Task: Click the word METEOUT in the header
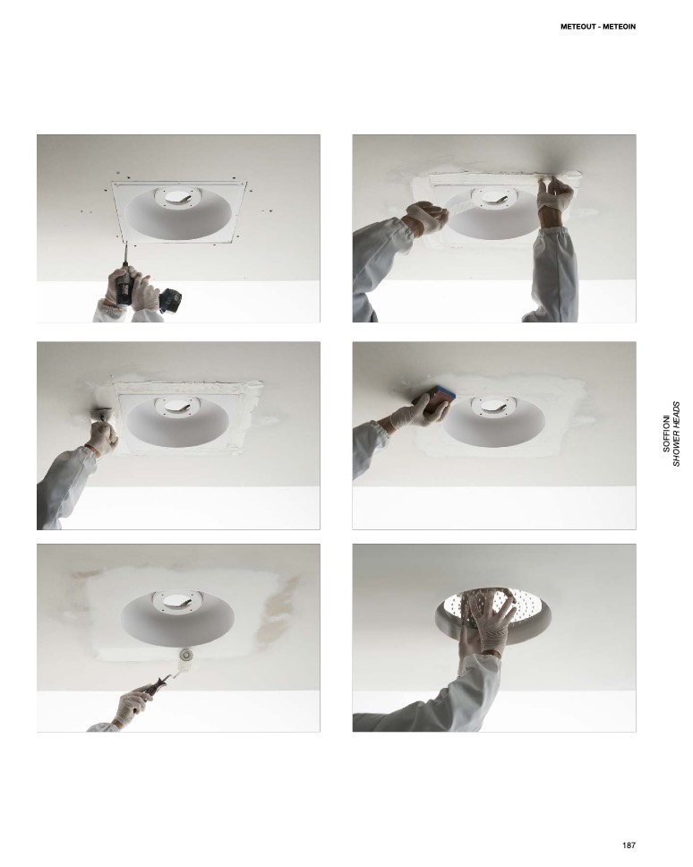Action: coord(578,27)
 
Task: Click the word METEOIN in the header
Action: coord(619,27)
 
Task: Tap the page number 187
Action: coord(629,845)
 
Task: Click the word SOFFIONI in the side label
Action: coord(666,433)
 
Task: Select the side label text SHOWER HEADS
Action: coord(676,433)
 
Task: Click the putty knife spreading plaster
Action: coord(102,414)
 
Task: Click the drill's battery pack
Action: coord(170,301)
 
